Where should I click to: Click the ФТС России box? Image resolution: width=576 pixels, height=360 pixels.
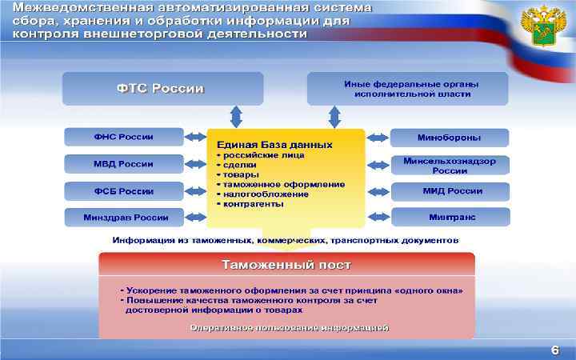(162, 88)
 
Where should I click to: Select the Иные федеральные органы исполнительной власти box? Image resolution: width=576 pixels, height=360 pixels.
(407, 88)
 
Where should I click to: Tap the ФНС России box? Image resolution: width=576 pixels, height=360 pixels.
(123, 137)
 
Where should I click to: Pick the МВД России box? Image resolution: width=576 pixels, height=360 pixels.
(123, 164)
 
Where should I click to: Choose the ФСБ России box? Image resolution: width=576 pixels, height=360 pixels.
(123, 191)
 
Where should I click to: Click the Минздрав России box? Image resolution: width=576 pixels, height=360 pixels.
(123, 217)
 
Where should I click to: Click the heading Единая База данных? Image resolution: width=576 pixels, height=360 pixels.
(270, 145)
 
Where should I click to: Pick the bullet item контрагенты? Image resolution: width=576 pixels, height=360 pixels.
(253, 204)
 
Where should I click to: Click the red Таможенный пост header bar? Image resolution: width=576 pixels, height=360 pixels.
(286, 264)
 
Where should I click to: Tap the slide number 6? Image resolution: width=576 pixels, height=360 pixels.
(554, 350)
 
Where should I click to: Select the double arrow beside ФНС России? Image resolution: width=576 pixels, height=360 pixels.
(194, 137)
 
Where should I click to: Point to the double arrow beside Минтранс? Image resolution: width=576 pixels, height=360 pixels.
(378, 217)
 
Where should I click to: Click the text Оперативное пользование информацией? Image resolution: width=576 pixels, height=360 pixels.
(290, 328)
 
